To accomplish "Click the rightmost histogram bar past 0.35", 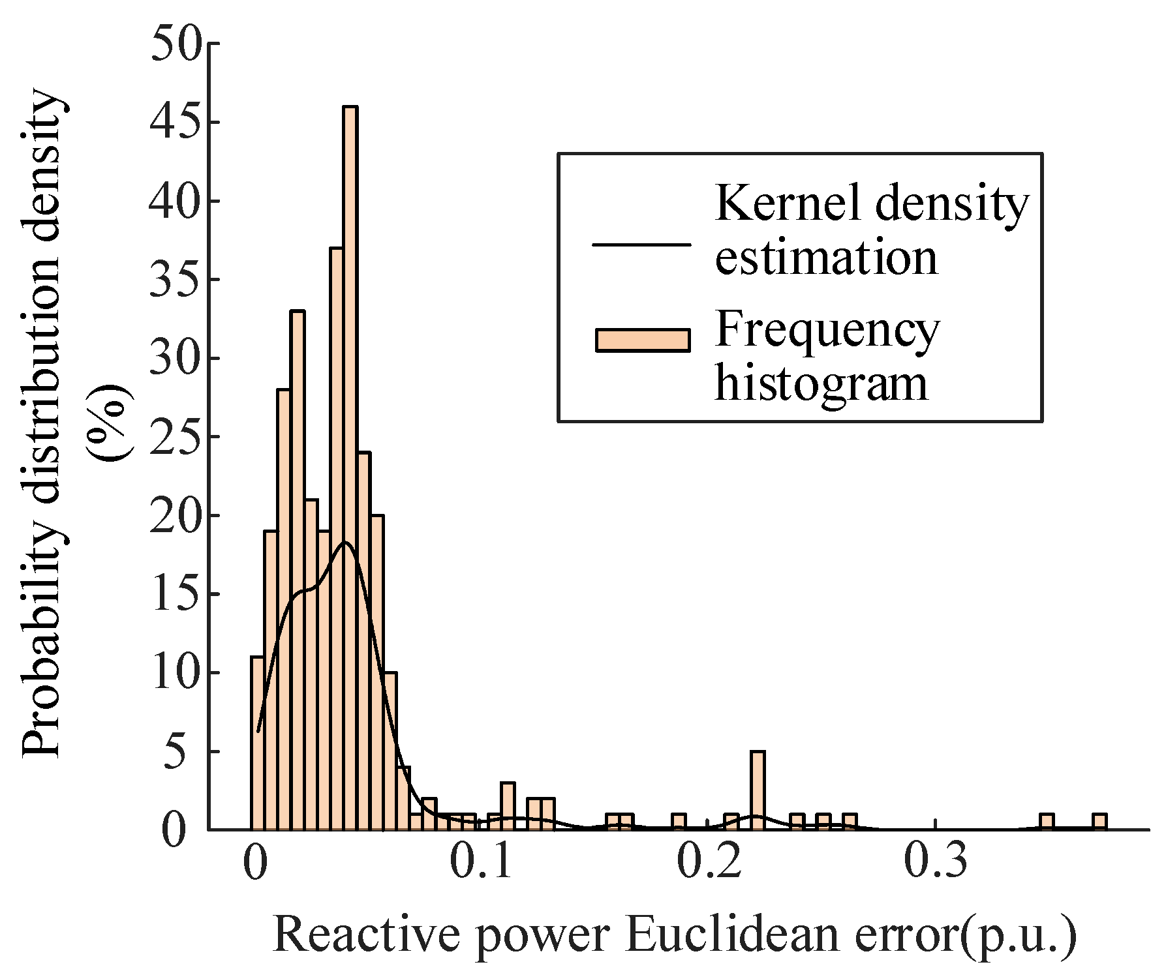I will click(x=1100, y=822).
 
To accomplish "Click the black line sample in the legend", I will click(x=641, y=245).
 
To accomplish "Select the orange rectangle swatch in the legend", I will click(x=643, y=340).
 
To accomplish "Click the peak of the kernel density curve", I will click(x=346, y=543).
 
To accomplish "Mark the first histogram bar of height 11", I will click(x=258, y=743).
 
